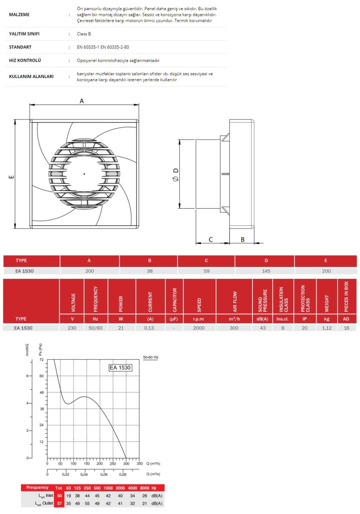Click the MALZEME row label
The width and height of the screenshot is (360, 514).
pyautogui.click(x=19, y=15)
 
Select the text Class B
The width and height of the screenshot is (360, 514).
pyautogui.click(x=84, y=34)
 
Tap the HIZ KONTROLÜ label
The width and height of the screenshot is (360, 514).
pyautogui.click(x=25, y=60)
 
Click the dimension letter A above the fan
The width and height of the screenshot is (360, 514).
pyautogui.click(x=82, y=101)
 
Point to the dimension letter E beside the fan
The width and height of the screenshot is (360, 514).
pyautogui.click(x=12, y=176)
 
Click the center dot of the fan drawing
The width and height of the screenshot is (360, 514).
pyautogui.click(x=84, y=174)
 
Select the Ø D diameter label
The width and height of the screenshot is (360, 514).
pyautogui.click(x=175, y=175)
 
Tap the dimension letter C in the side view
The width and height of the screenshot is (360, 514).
pyautogui.click(x=210, y=239)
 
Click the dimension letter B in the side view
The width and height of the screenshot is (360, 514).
pyautogui.click(x=243, y=239)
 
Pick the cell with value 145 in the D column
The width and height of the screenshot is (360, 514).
pyautogui.click(x=266, y=271)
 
